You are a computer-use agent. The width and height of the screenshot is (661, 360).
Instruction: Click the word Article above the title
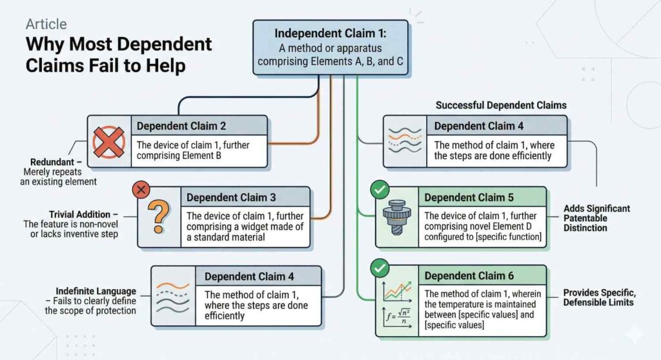click(46, 25)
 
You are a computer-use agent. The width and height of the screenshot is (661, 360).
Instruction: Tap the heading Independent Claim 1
click(330, 33)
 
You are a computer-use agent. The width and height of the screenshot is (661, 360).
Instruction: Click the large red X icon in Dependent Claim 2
click(108, 141)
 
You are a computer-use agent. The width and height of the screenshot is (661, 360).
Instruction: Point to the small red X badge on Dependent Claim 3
click(141, 190)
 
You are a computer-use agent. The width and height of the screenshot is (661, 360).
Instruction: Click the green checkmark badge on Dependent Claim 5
click(380, 190)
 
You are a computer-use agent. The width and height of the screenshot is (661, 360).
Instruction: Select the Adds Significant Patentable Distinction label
click(596, 218)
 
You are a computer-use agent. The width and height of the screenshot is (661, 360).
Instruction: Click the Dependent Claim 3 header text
click(231, 197)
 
